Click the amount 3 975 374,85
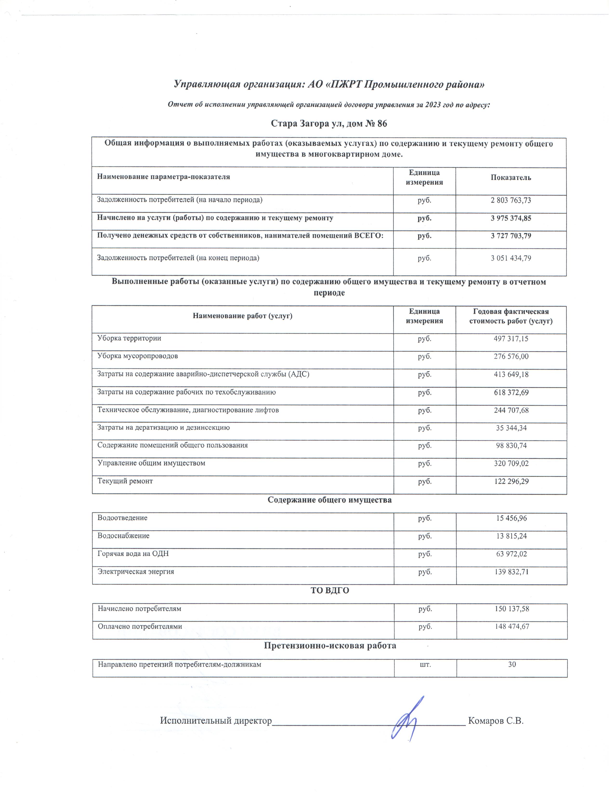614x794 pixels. point(511,218)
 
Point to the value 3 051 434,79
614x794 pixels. point(511,258)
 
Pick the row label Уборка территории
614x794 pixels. point(129,338)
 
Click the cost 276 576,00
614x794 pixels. point(511,356)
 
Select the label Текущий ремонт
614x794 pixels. point(125,481)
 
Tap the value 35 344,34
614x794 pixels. point(511,428)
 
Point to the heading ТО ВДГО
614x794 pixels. point(330,590)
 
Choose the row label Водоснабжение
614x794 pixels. point(123,536)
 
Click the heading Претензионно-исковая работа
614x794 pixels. point(330,646)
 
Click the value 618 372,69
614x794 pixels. point(511,392)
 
